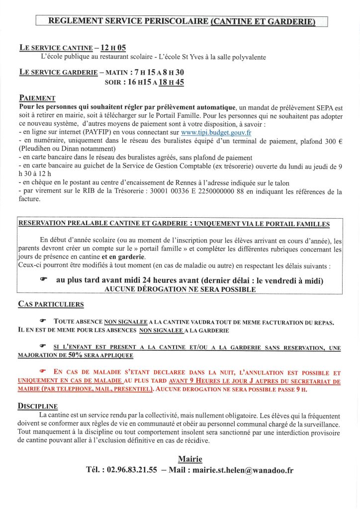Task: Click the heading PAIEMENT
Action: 37,98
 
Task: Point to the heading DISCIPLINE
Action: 38,406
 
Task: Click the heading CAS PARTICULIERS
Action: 51,304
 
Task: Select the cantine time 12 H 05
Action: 113,48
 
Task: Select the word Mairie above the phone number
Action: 190,459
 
